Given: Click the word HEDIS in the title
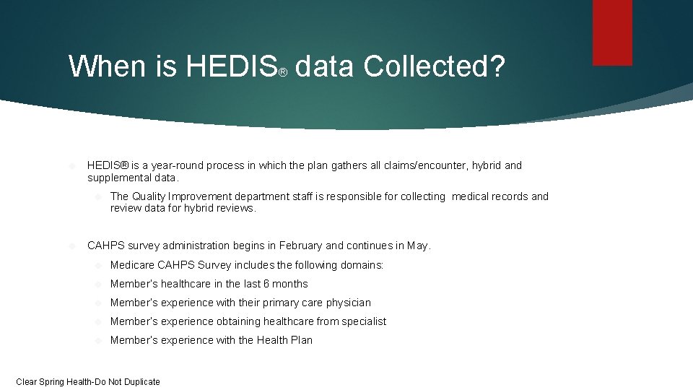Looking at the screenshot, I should pyautogui.click(x=231, y=66).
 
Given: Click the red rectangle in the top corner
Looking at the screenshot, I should pyautogui.click(x=612, y=32).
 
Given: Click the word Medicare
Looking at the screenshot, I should pyautogui.click(x=134, y=265).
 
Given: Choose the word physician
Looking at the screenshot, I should pyautogui.click(x=345, y=303).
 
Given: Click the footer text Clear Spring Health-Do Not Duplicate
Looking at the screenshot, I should pyautogui.click(x=88, y=381).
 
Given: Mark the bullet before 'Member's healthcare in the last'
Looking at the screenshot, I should pyautogui.click(x=100, y=284).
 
